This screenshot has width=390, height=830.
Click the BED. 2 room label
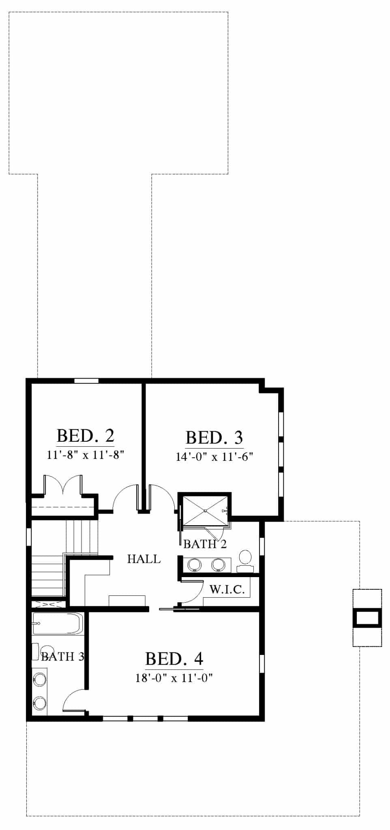click(x=86, y=436)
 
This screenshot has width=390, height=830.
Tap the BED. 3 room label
click(x=214, y=438)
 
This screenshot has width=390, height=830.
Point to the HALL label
click(x=144, y=559)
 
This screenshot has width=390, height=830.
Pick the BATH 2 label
click(x=205, y=544)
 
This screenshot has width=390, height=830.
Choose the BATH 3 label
click(x=62, y=656)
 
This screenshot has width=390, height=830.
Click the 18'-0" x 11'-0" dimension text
click(x=174, y=678)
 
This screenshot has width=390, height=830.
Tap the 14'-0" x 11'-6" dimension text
click(x=214, y=457)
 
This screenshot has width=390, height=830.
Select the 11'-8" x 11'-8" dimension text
click(x=85, y=455)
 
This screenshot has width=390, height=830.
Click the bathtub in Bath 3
click(x=58, y=624)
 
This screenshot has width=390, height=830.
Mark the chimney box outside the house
click(x=367, y=618)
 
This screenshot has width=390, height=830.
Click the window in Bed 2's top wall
click(x=86, y=381)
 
